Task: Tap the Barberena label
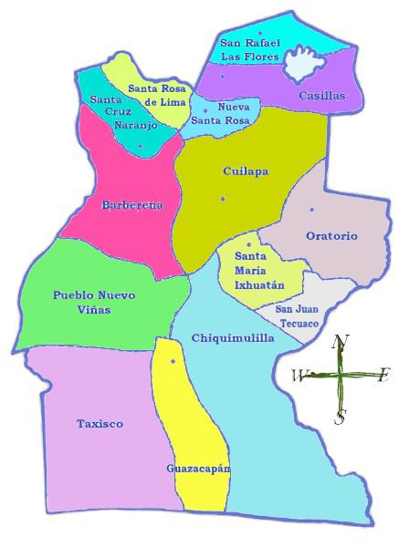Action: tap(132, 205)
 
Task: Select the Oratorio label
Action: tap(331, 236)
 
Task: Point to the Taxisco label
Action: tap(100, 424)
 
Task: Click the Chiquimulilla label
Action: tap(233, 338)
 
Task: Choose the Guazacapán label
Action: tap(198, 469)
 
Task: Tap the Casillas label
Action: tap(322, 95)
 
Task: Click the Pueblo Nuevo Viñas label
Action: tap(94, 302)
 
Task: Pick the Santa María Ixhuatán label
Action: tap(259, 271)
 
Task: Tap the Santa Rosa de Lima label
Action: tap(157, 94)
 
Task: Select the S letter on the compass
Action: tap(340, 417)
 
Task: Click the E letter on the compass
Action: tap(383, 373)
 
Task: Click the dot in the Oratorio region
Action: tap(312, 210)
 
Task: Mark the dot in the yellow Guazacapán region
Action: tap(173, 362)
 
